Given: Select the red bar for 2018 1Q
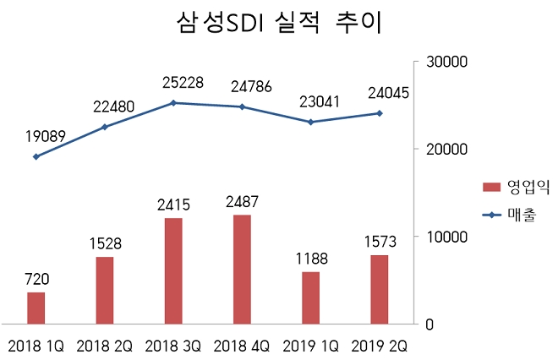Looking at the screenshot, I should tap(36, 308).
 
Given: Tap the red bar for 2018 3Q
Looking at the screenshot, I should tap(172, 270).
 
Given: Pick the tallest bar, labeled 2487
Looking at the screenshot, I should tap(242, 269).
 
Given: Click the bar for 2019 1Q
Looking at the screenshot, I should tap(310, 297).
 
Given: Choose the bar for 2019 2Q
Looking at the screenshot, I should tap(380, 289).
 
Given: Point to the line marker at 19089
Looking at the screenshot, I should tap(36, 156).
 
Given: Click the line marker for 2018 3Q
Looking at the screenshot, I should tap(172, 103).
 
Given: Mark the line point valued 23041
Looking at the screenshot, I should tap(310, 122).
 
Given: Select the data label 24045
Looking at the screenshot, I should tap(381, 93).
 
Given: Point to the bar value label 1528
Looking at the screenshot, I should tap(104, 243).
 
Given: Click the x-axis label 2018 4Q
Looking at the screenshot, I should tap(242, 346).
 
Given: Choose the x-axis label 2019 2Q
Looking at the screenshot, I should tap(380, 346).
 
